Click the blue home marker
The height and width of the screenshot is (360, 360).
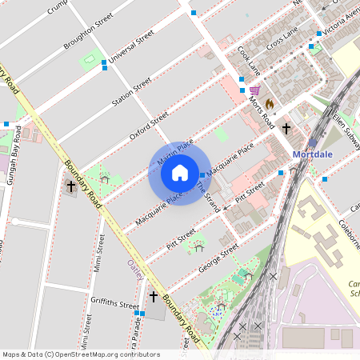(180, 173)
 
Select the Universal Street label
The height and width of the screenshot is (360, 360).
(132, 48)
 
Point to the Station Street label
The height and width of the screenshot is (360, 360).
(131, 93)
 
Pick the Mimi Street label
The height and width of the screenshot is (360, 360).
(99, 254)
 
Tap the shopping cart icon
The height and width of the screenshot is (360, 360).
(254, 90)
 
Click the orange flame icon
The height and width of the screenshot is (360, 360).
(270, 103)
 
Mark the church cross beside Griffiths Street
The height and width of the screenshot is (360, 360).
(154, 297)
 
